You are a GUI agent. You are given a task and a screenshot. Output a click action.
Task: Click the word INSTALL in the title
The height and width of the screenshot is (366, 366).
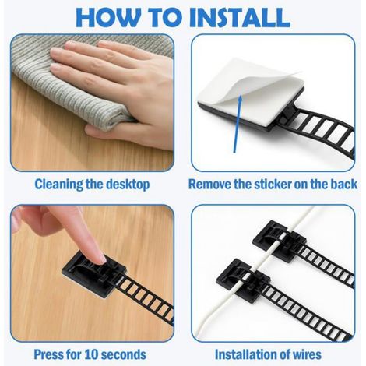[x=239, y=17]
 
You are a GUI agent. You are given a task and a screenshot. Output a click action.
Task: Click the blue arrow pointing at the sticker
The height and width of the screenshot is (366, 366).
[x=238, y=124]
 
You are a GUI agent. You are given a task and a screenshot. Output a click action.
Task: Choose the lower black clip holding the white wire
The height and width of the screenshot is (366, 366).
[x=244, y=280]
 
